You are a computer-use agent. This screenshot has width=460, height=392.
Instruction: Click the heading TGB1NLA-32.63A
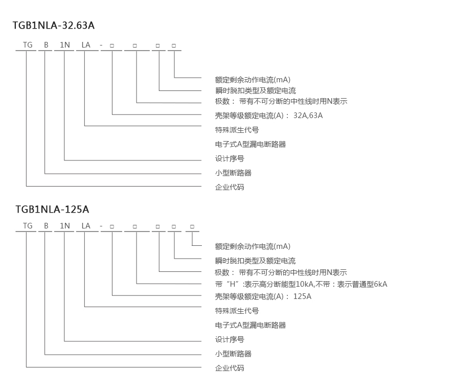[54, 25]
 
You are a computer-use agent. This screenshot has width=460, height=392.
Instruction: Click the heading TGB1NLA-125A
[52, 209]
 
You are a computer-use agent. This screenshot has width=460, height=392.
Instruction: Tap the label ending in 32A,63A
[269, 116]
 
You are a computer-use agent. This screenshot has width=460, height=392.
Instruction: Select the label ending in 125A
[263, 296]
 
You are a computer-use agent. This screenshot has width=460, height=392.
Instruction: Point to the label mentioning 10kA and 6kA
[301, 284]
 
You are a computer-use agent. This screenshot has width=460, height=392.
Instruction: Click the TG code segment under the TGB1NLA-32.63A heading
[28, 45]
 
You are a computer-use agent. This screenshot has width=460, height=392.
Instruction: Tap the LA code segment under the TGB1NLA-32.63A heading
[86, 45]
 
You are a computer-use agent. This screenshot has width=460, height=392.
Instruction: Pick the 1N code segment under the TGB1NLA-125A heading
[65, 226]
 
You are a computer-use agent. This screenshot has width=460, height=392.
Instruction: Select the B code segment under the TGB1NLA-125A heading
[46, 226]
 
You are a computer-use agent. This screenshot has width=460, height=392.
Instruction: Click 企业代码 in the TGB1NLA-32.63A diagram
[229, 187]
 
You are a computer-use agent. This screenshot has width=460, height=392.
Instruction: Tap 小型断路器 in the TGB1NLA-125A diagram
[233, 354]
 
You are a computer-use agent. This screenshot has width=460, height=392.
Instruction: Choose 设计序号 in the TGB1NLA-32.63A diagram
[229, 158]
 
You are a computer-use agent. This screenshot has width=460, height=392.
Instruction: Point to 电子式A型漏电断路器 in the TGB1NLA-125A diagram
[250, 325]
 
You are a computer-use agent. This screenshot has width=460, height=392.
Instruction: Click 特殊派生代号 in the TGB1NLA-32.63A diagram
[237, 130]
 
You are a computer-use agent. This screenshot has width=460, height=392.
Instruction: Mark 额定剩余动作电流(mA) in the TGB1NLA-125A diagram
[252, 246]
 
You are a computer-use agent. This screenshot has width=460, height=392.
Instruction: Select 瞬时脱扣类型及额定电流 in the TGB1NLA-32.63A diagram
[255, 91]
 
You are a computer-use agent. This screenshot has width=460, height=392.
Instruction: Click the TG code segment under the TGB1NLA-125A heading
[28, 226]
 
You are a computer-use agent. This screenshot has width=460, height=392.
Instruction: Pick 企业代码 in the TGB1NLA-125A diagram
[229, 368]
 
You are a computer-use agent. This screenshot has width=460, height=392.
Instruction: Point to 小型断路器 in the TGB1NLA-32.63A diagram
[233, 173]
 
